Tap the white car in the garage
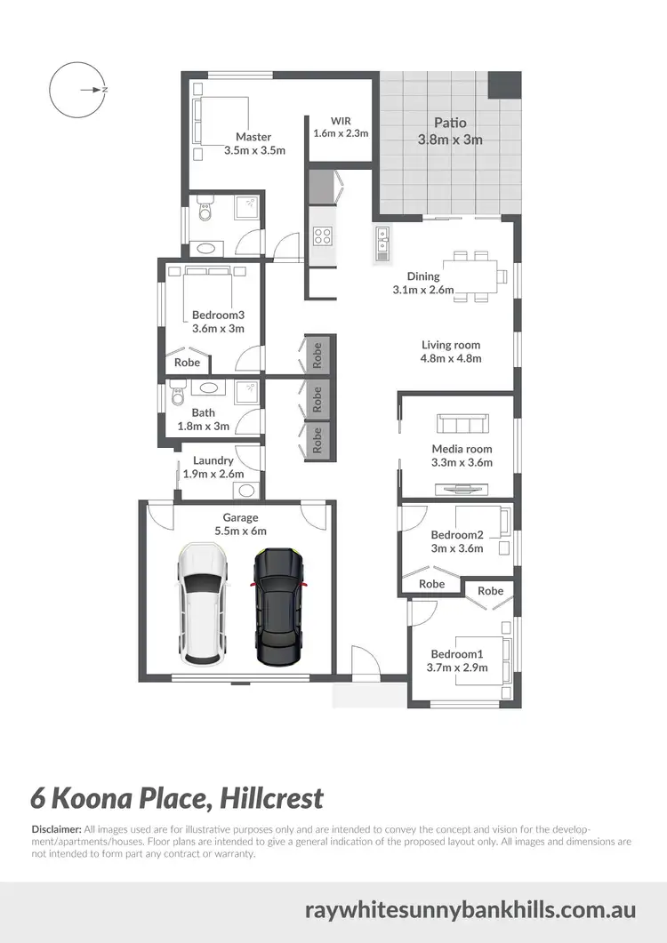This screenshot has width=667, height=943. (x=203, y=604)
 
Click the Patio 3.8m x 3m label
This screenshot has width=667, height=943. (x=450, y=131)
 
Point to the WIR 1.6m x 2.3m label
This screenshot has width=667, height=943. (x=341, y=127)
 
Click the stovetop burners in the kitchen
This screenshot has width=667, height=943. (x=323, y=236)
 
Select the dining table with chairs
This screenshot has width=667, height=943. (x=472, y=273)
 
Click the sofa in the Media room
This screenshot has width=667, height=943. (x=460, y=424)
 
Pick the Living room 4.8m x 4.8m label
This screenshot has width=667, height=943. (x=451, y=352)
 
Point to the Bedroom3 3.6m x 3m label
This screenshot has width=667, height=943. (x=218, y=322)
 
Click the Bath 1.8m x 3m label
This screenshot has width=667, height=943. (x=204, y=420)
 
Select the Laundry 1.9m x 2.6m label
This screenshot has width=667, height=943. (x=213, y=468)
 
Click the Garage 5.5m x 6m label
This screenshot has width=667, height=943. (x=240, y=524)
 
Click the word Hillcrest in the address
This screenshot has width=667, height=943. (x=268, y=797)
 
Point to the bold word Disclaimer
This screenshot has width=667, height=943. (x=56, y=828)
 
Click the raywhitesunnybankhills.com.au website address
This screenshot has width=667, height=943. (x=470, y=910)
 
